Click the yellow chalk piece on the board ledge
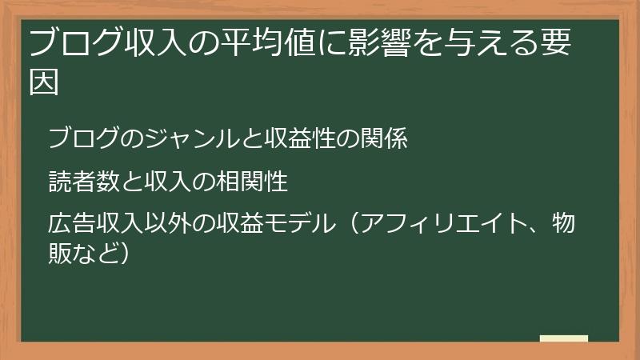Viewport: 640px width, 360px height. coord(563,338)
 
